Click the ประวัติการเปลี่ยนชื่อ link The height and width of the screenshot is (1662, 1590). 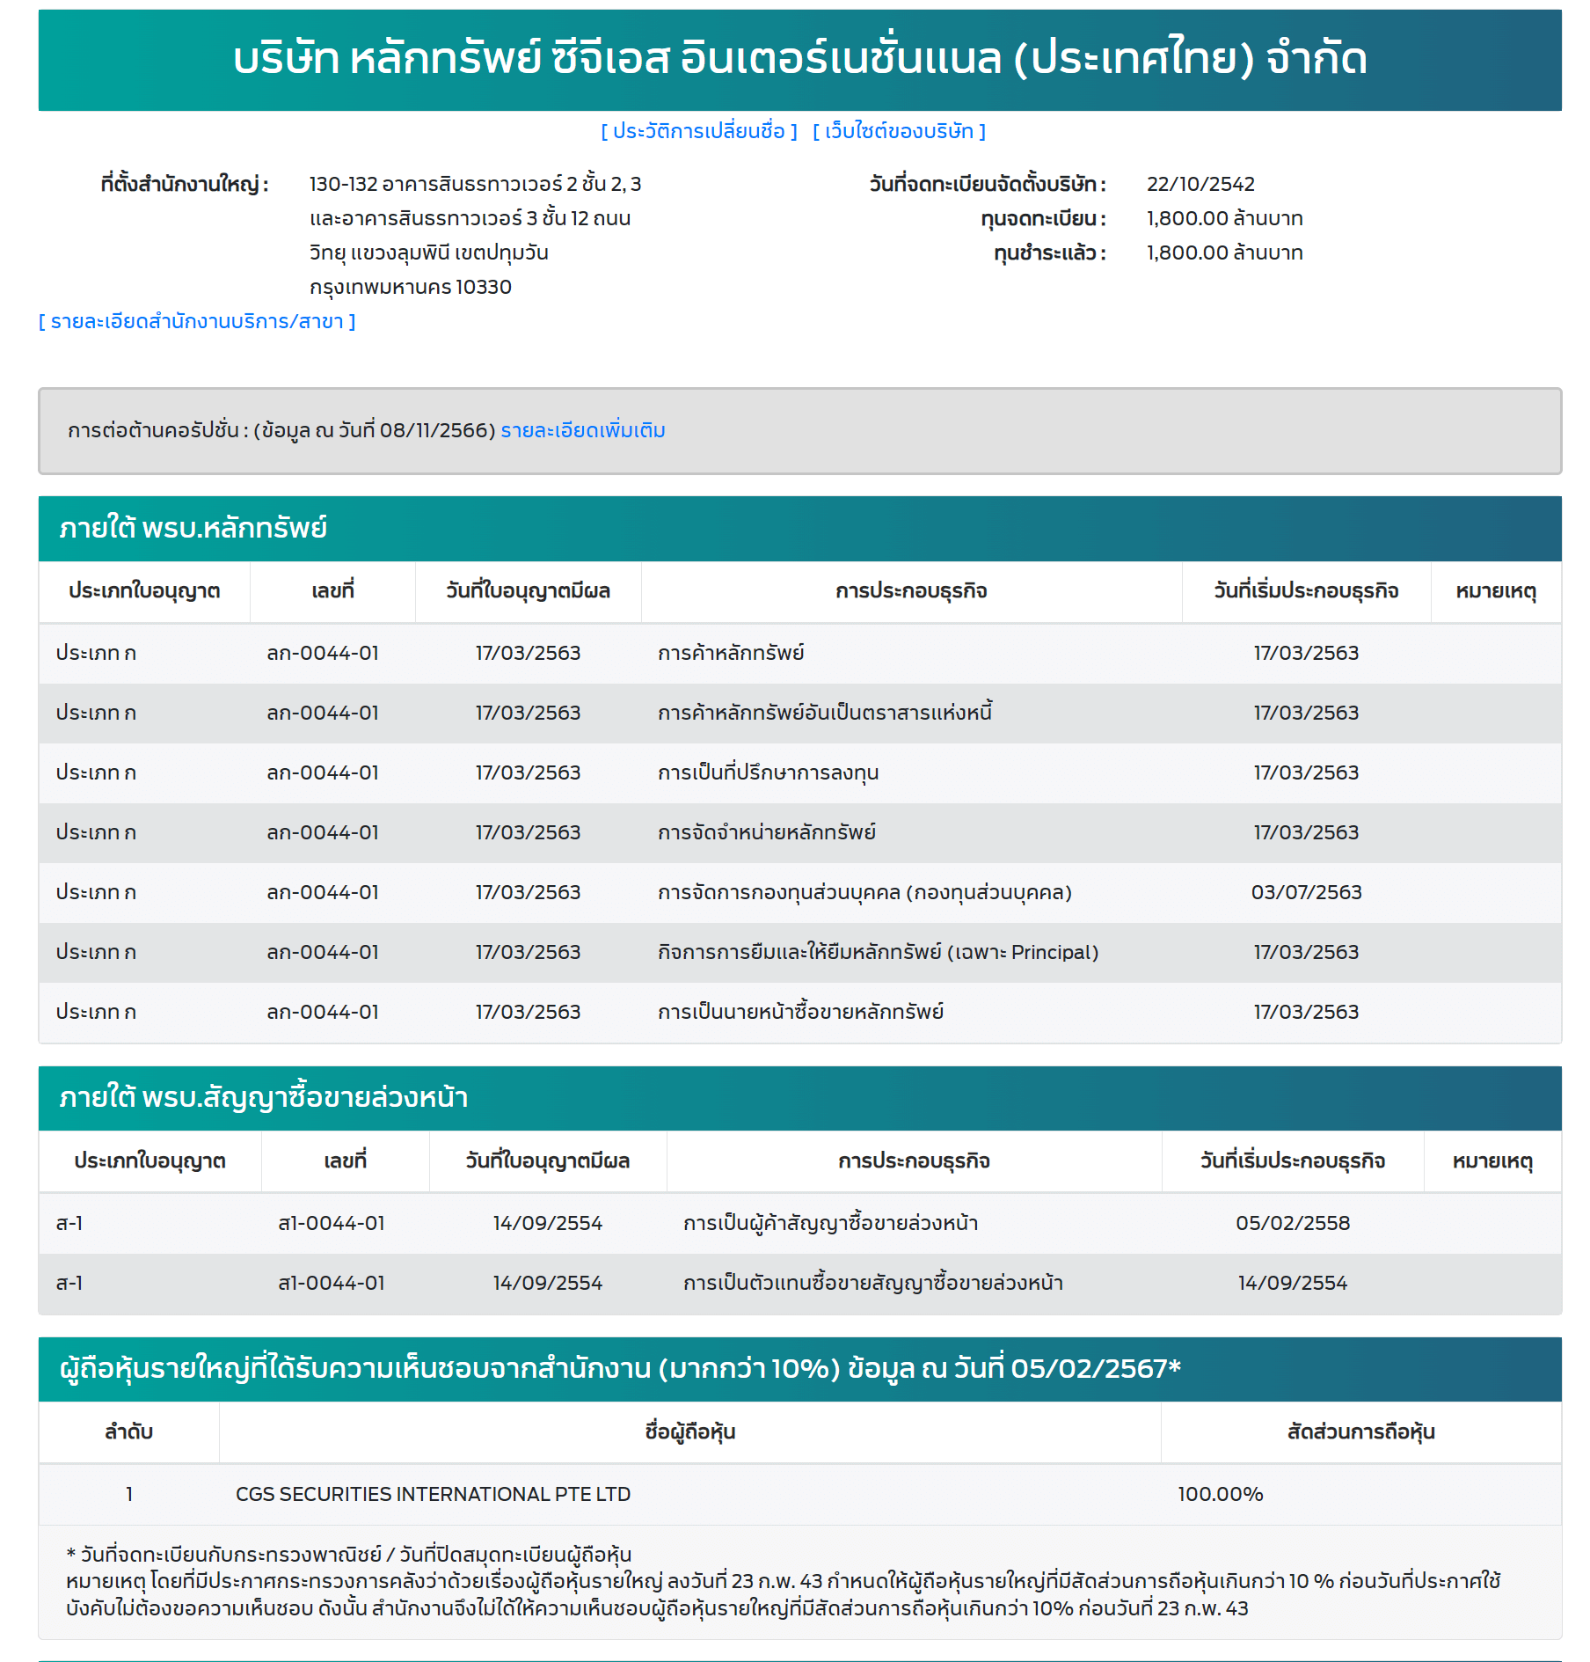pyautogui.click(x=699, y=131)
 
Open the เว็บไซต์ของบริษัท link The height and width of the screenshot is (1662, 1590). pyautogui.click(x=899, y=131)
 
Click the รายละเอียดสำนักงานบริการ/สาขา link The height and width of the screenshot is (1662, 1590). pyautogui.click(x=197, y=321)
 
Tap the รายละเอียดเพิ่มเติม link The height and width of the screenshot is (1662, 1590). pyautogui.click(x=582, y=430)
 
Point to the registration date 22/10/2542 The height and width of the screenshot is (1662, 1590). pyautogui.click(x=1200, y=184)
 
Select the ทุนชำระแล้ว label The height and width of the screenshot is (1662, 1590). pyautogui.click(x=1049, y=253)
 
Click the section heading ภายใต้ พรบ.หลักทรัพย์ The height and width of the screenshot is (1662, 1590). pyautogui.click(x=193, y=528)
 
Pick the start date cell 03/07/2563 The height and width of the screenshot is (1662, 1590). pyautogui.click(x=1306, y=892)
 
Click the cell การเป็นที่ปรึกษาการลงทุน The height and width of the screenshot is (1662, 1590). pyautogui.click(x=768, y=772)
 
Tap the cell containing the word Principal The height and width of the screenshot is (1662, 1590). pyautogui.click(x=878, y=952)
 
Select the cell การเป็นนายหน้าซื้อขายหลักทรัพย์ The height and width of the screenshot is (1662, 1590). pyautogui.click(x=800, y=1012)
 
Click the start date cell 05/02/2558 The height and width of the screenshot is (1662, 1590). pyautogui.click(x=1292, y=1223)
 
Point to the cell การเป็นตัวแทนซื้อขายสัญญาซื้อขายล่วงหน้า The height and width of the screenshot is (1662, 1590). pyautogui.click(x=872, y=1283)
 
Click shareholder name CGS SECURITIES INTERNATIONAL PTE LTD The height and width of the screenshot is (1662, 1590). pyautogui.click(x=433, y=1494)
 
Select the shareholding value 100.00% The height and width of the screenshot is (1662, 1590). pyautogui.click(x=1220, y=1494)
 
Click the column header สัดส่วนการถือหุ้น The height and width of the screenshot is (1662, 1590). pyautogui.click(x=1360, y=1431)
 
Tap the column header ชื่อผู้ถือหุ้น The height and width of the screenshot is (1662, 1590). pyautogui.click(x=689, y=1431)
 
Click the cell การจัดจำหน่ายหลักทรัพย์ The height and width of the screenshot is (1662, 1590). pyautogui.click(x=766, y=832)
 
